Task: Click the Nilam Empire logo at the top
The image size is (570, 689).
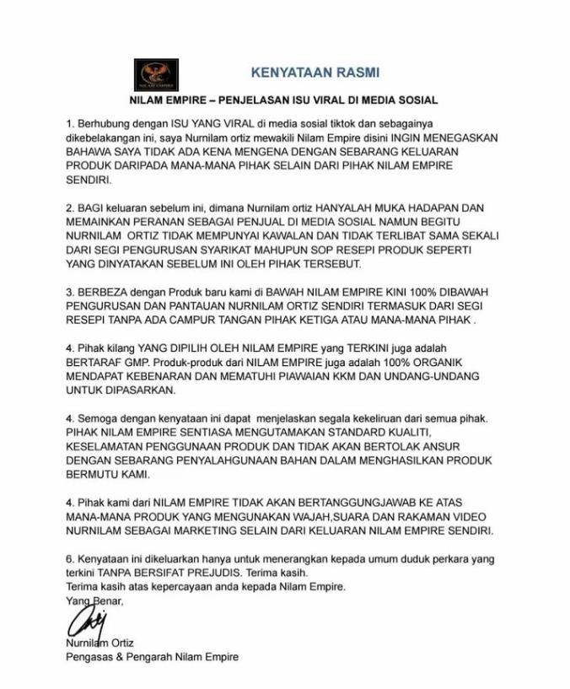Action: click(x=156, y=75)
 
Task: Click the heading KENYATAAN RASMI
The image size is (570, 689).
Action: click(x=315, y=73)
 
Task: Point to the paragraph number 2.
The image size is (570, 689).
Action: click(x=70, y=207)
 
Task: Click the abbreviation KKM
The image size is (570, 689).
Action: click(x=365, y=376)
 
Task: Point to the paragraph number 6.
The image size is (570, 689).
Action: click(x=70, y=559)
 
